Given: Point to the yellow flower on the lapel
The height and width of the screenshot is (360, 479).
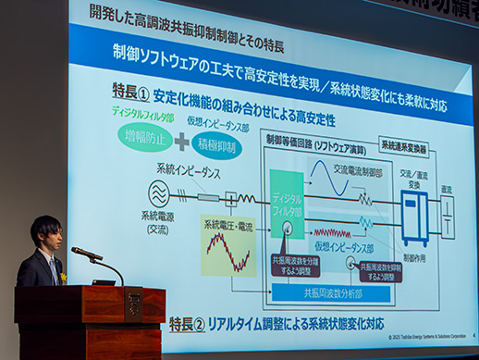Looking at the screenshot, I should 64,276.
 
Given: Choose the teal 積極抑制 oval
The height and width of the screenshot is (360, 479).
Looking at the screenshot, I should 219,145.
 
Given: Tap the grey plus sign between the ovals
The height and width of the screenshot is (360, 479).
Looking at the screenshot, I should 182,142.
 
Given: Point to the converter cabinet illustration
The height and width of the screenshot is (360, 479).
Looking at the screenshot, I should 413,218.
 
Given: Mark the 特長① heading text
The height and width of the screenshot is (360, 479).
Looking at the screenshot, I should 130,93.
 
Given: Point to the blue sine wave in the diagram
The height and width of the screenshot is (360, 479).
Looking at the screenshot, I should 334,177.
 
